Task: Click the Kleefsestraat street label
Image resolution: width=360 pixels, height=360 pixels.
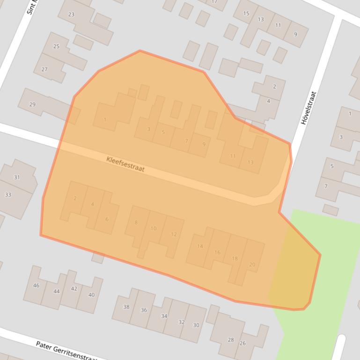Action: [x=125, y=164]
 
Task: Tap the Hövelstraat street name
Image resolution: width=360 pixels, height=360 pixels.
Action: [x=309, y=108]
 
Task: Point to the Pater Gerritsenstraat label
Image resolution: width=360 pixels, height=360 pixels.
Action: [x=66, y=351]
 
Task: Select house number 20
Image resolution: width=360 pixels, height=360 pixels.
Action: [x=252, y=265]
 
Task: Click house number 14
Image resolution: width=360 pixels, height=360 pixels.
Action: [x=200, y=246]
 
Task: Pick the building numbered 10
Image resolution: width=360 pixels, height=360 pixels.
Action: [x=153, y=229]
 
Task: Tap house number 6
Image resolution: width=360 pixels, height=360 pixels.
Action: [x=107, y=219]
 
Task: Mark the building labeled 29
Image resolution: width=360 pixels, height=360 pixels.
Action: [x=32, y=104]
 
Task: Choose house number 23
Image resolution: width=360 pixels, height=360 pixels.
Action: [x=71, y=14]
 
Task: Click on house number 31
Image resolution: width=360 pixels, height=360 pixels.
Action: [x=17, y=177]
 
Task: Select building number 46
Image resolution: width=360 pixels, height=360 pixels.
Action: [x=36, y=285]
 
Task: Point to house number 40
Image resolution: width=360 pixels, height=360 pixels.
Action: [x=91, y=295]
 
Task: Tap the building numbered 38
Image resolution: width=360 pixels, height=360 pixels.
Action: [x=126, y=307]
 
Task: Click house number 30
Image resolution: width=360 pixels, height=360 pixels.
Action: [x=196, y=325]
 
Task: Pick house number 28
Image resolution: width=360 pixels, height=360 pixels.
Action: [x=230, y=340]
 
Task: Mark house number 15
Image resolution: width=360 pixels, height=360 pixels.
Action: [x=246, y=14]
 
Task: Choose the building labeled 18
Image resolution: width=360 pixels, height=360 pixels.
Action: [x=235, y=259]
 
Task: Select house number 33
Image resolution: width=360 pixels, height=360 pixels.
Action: [x=8, y=194]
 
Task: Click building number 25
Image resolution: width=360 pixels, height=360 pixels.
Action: [x=57, y=46]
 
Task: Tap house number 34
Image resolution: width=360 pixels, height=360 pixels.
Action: [x=164, y=316]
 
